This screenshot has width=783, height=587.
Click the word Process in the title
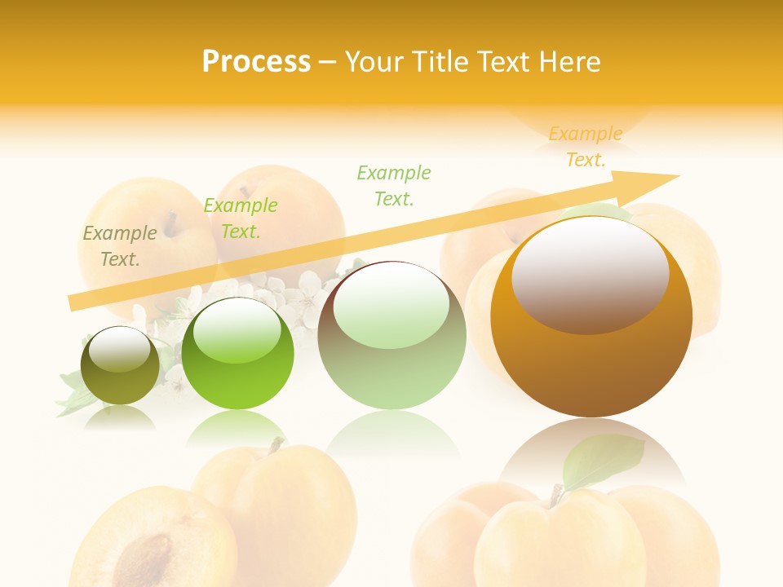(256, 61)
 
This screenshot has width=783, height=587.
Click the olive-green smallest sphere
(120, 366)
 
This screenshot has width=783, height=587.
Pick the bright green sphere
(237, 355)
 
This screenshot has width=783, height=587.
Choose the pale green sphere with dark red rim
(391, 336)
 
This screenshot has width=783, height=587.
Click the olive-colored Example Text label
(120, 245)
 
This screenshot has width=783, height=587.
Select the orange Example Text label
(586, 147)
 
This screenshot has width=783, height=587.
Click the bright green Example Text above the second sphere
(241, 218)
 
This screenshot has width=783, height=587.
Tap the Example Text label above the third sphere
(394, 185)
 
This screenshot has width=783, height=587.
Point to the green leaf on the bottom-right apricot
(604, 460)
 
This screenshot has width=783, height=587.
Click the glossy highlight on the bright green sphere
(236, 330)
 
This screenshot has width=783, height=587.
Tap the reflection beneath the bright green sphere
(237, 428)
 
